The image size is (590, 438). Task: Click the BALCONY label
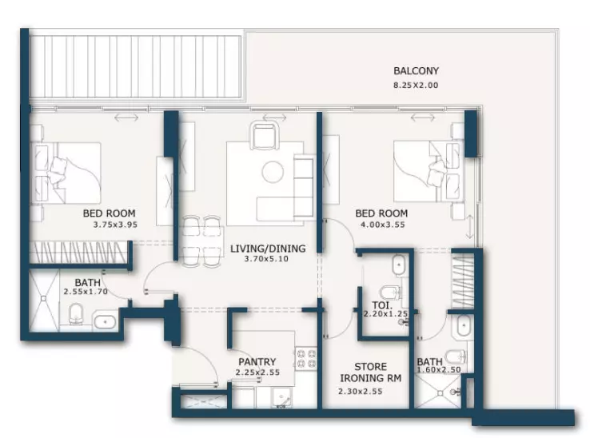tap(416, 71)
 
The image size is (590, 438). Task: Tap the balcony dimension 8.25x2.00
tap(416, 85)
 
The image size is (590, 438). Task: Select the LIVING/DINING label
tap(268, 249)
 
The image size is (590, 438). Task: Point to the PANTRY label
tap(257, 361)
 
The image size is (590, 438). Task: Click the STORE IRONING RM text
tap(371, 372)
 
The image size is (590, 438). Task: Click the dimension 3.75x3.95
tap(115, 225)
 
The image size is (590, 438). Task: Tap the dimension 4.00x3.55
tap(383, 225)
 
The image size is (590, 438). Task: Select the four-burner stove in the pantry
tap(306, 359)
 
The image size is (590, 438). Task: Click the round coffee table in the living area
tap(273, 173)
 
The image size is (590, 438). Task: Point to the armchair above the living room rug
tap(265, 135)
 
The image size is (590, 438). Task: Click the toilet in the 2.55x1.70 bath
tap(76, 313)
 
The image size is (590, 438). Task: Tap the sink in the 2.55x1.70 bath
tap(106, 322)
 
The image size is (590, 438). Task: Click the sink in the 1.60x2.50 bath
tap(462, 326)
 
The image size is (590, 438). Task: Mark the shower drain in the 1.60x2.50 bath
tap(441, 393)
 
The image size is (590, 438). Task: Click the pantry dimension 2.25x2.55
tap(258, 372)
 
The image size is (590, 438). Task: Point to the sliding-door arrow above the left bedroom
tap(126, 117)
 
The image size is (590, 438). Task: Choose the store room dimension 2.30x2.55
tap(361, 392)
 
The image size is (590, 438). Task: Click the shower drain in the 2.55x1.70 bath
tap(44, 298)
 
